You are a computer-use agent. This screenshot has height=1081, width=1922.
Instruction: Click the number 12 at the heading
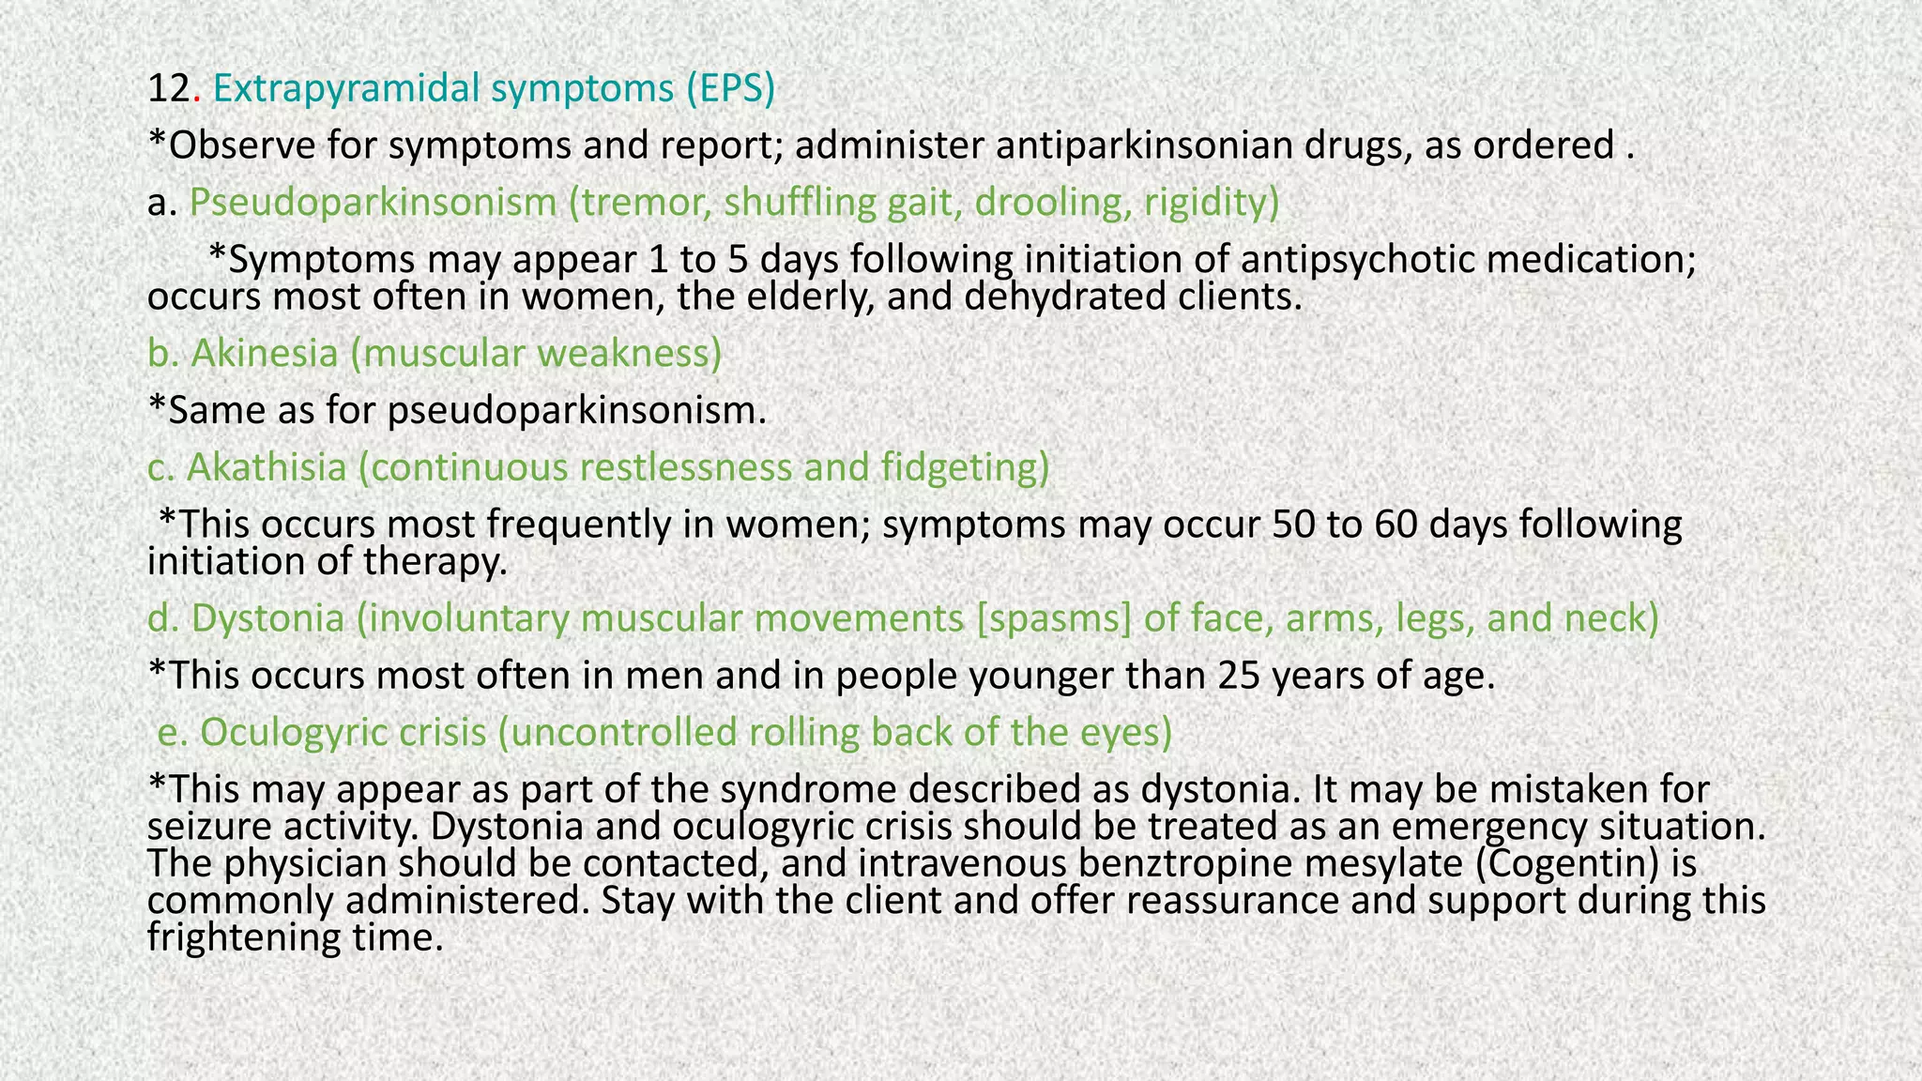click(169, 89)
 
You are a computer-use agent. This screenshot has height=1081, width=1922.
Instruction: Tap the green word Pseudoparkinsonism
click(373, 203)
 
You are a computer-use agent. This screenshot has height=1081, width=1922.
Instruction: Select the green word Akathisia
click(267, 467)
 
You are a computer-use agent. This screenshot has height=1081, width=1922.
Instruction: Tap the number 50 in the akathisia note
click(1293, 525)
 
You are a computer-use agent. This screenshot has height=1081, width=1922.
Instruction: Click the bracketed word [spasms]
click(1054, 619)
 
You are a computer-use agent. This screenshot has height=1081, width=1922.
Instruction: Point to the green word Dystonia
click(267, 619)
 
